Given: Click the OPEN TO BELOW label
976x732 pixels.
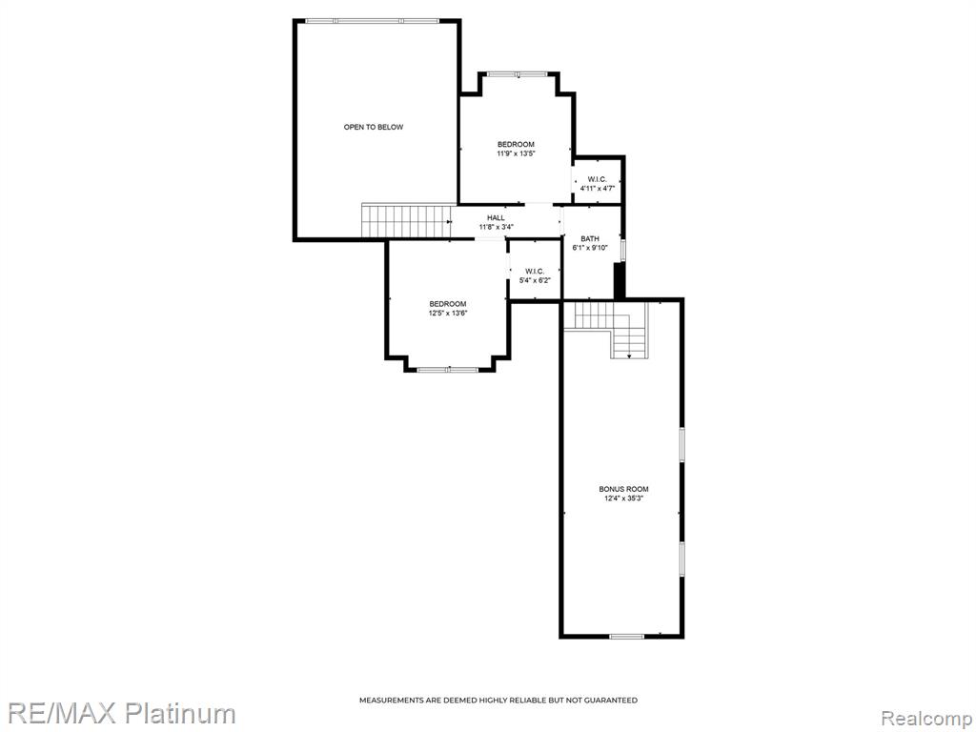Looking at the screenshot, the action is (374, 127).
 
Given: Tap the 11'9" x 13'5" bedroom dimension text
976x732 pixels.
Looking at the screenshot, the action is (516, 153).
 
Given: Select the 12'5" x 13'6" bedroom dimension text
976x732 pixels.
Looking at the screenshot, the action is (448, 313).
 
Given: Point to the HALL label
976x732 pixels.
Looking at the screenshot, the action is (496, 218).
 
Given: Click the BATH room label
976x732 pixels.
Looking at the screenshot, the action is (590, 239).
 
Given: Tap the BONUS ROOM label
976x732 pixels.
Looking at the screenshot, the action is (623, 489).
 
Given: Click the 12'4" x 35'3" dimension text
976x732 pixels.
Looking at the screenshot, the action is (623, 498).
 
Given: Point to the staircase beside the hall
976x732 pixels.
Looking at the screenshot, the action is (406, 221).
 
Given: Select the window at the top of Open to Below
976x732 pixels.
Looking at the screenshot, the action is (372, 21).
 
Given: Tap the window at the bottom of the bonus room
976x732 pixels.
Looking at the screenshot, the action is (627, 636).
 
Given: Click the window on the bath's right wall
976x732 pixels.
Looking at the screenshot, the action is (623, 246).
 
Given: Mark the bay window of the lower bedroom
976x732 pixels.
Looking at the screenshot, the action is (448, 370).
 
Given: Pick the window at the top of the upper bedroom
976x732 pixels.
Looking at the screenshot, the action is (518, 74).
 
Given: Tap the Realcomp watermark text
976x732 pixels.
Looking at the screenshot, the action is (927, 718).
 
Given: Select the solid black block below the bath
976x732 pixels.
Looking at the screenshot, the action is (620, 281).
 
